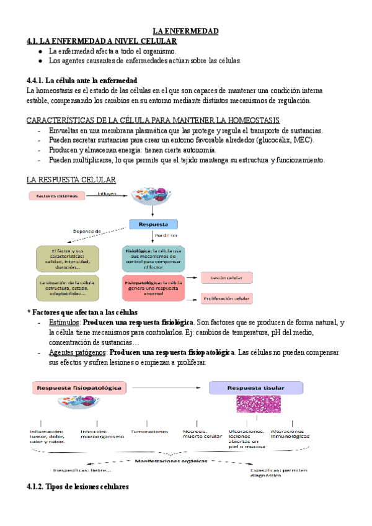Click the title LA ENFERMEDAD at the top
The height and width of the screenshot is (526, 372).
[x=186, y=31]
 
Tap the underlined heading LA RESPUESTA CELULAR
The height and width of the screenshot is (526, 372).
[x=71, y=179]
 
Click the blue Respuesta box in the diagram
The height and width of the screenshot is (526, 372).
[x=153, y=224]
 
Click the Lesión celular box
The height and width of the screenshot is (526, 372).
[x=225, y=277]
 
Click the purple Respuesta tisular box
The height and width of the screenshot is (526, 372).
[x=257, y=388]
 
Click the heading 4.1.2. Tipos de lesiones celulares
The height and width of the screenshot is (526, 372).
[x=77, y=487]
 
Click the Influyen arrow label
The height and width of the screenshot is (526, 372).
[x=107, y=194]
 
